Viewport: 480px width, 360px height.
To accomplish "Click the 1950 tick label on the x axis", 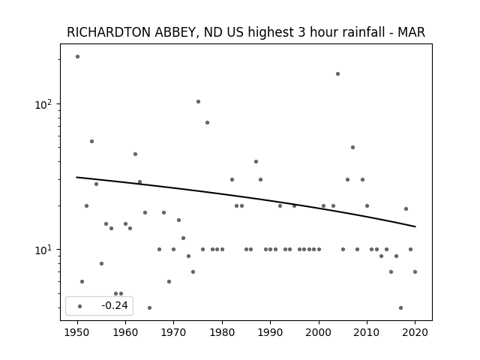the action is [x=77, y=332].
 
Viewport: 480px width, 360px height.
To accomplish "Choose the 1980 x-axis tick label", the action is [x=222, y=332].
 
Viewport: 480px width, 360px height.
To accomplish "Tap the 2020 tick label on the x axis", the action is [x=415, y=332].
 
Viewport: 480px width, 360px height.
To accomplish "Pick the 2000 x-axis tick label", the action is [x=319, y=332].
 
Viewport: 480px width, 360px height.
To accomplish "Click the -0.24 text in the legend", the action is [x=115, y=305].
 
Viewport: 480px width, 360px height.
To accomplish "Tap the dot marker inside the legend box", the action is [x=80, y=306].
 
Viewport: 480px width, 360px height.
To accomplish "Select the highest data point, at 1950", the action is [x=77, y=57].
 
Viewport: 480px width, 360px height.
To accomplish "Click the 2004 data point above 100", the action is [x=337, y=73].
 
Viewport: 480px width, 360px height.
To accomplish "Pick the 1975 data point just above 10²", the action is [x=198, y=102].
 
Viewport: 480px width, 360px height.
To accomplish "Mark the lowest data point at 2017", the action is [x=400, y=307].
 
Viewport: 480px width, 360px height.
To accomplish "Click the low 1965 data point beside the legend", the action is [x=149, y=307].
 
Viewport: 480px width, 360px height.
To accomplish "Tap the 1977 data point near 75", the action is [x=207, y=122].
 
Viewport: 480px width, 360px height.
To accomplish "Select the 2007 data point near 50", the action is [x=352, y=147].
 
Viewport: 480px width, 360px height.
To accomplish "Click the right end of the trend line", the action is [x=415, y=226].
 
